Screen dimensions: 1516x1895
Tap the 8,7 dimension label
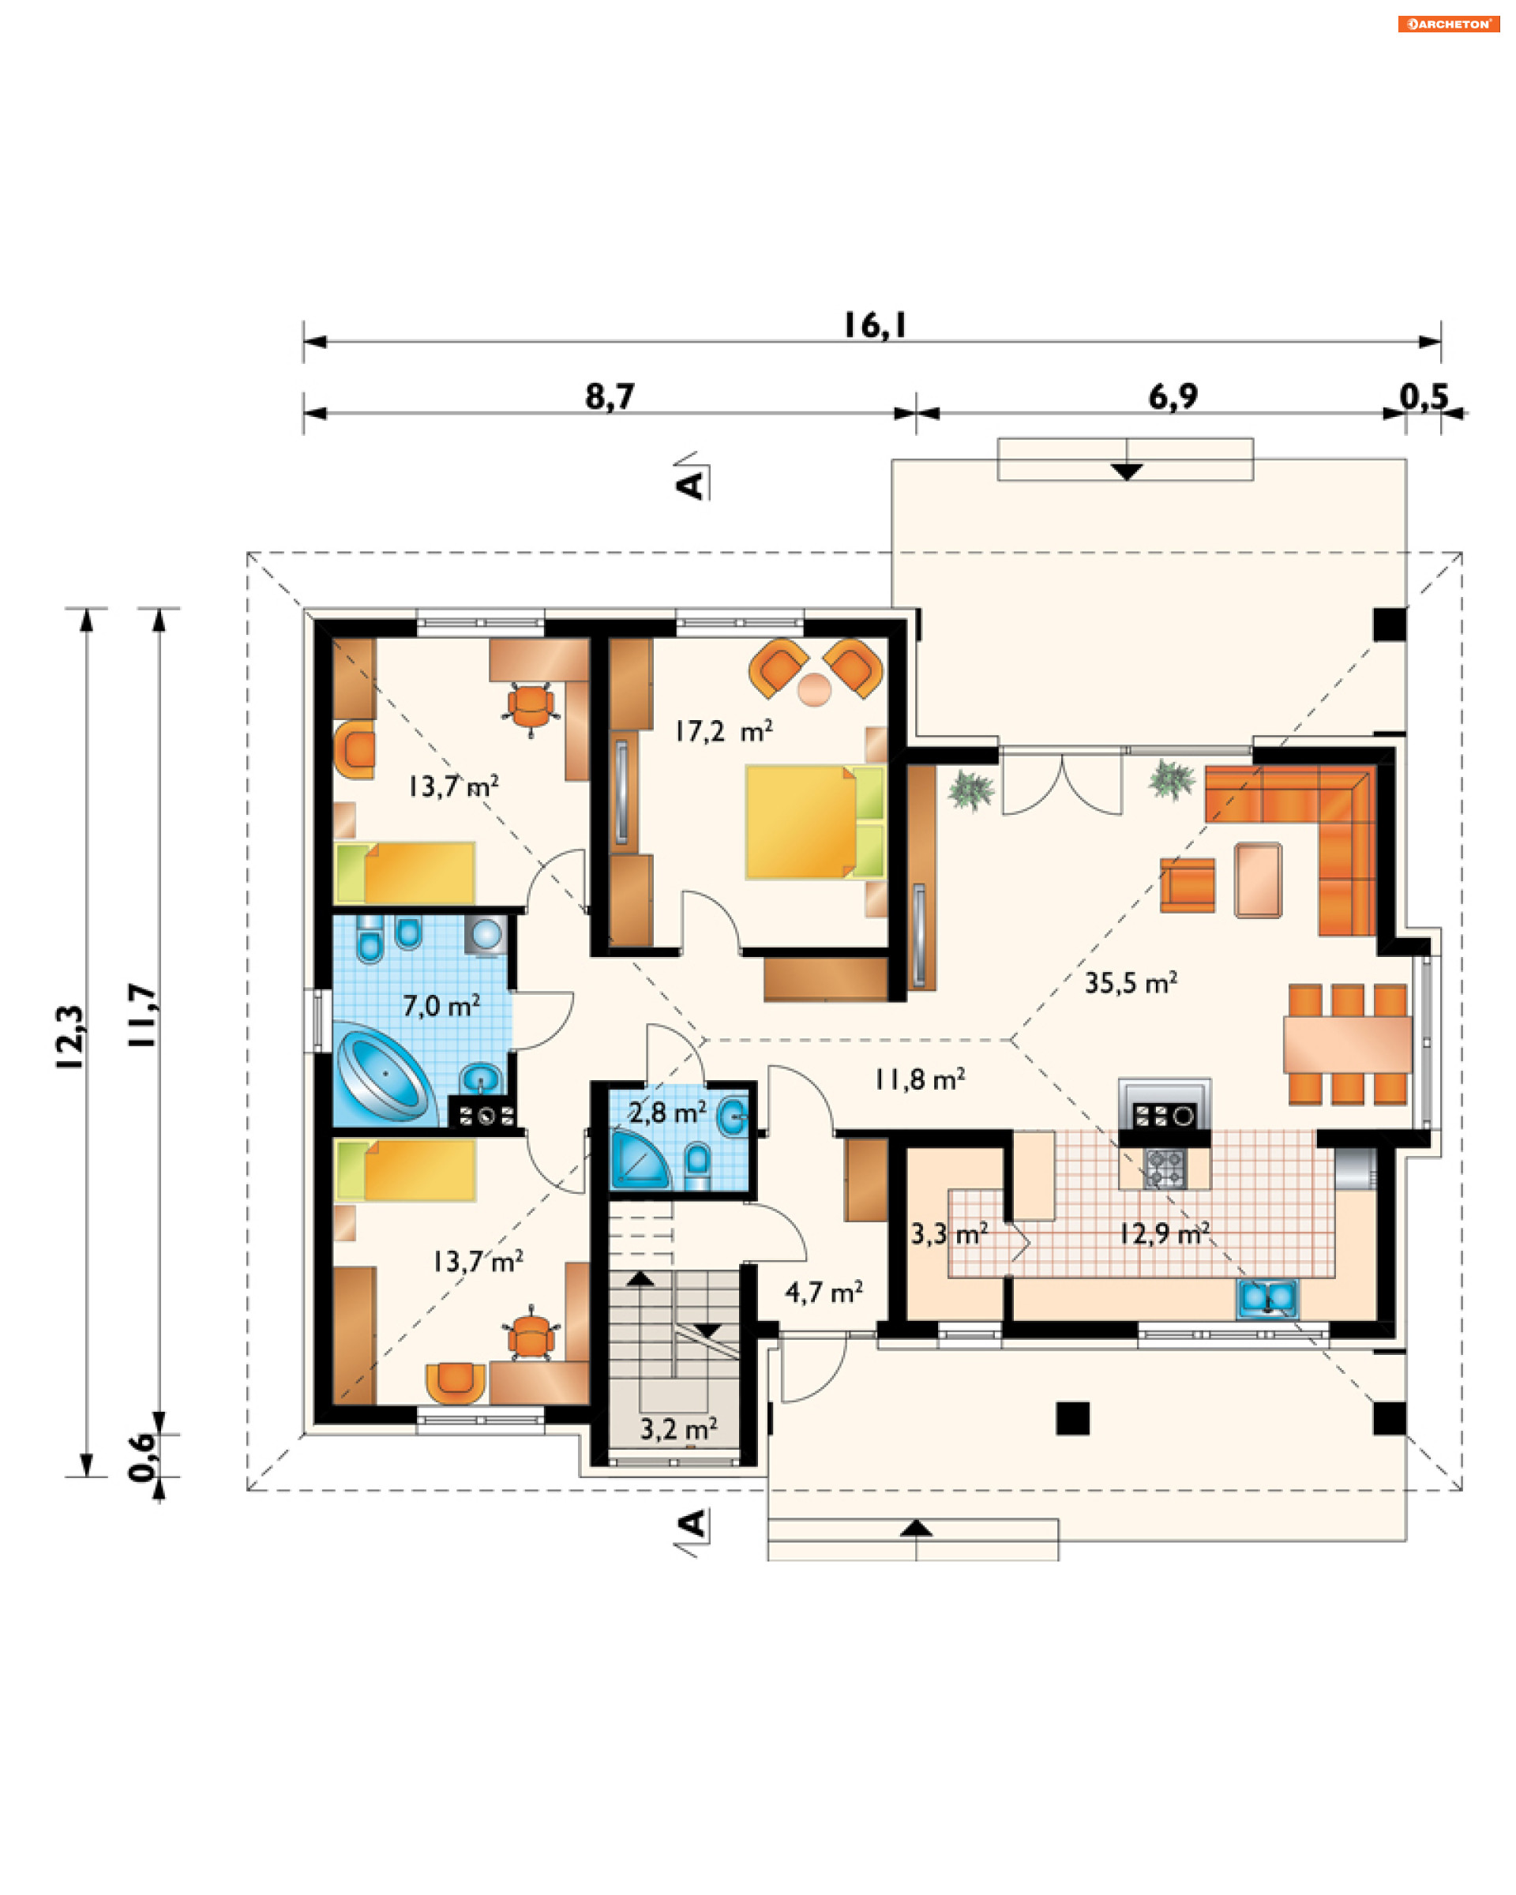pos(610,396)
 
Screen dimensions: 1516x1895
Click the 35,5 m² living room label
pos(1130,983)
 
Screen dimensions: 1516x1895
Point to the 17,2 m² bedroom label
pos(723,730)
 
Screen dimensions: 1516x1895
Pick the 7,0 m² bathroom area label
pos(441,1004)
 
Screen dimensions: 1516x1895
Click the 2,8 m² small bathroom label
pos(666,1113)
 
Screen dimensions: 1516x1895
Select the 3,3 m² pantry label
pos(948,1234)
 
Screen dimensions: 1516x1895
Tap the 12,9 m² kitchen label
pos(1164,1234)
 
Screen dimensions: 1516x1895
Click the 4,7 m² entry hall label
pos(824,1292)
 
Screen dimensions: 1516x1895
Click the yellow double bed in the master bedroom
pos(816,822)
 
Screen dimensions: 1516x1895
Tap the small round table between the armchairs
pos(814,689)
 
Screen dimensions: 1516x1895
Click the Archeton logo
pos(1448,24)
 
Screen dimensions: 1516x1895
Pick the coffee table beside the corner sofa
pos(1258,880)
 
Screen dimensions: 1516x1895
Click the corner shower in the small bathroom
pos(639,1159)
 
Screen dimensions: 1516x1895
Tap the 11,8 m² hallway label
pos(919,1079)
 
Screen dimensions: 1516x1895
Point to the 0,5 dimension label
pos(1424,396)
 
